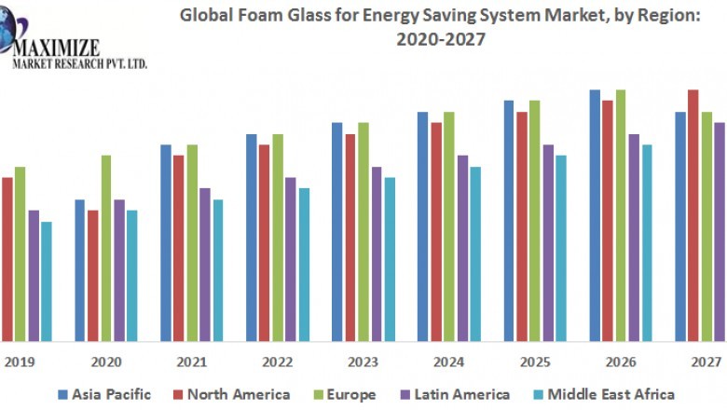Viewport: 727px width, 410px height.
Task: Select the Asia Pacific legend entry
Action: point(103,394)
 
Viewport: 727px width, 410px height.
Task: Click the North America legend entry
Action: point(230,394)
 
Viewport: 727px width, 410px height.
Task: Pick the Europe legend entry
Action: point(342,394)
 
